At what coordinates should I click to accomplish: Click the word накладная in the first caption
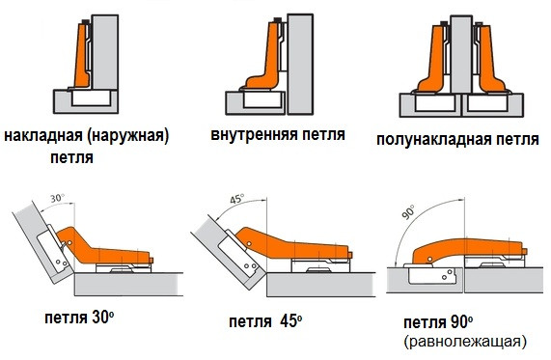tap(43, 136)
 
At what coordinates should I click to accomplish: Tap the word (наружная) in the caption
tap(128, 136)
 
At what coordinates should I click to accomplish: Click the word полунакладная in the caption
tap(434, 140)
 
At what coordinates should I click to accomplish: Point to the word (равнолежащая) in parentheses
tap(466, 342)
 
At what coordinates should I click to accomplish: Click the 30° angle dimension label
tap(57, 198)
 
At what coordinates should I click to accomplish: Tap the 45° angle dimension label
tap(237, 199)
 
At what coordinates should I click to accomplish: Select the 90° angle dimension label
tap(408, 212)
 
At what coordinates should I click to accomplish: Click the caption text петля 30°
tap(79, 318)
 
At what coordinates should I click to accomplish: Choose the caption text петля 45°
tap(265, 321)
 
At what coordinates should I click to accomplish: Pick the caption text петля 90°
tap(438, 322)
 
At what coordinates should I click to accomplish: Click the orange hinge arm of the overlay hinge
tap(81, 56)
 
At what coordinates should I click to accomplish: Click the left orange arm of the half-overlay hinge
tap(435, 64)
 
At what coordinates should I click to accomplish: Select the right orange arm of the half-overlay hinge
tap(490, 64)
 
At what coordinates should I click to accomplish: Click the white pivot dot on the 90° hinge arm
tap(429, 259)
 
